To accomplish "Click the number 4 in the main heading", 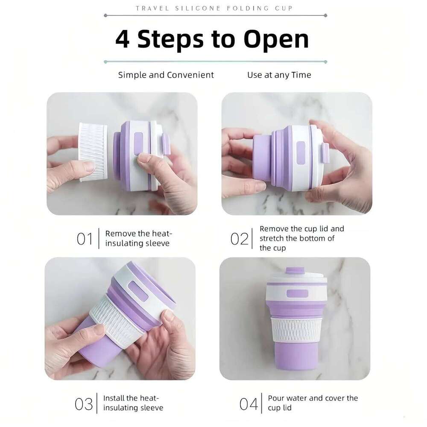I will [123, 39].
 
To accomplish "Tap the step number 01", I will [85, 239].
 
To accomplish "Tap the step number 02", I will [239, 239].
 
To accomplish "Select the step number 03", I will [84, 404].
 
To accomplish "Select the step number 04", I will [249, 404].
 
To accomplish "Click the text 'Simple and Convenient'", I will [166, 75].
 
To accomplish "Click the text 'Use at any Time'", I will [279, 75].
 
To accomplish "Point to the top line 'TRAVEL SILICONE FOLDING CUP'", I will [214, 8].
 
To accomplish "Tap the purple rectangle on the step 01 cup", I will [138, 142].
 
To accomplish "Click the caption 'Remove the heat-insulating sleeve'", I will [138, 238].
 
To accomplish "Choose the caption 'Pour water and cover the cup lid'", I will [313, 403].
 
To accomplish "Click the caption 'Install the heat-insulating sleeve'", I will [133, 403].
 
